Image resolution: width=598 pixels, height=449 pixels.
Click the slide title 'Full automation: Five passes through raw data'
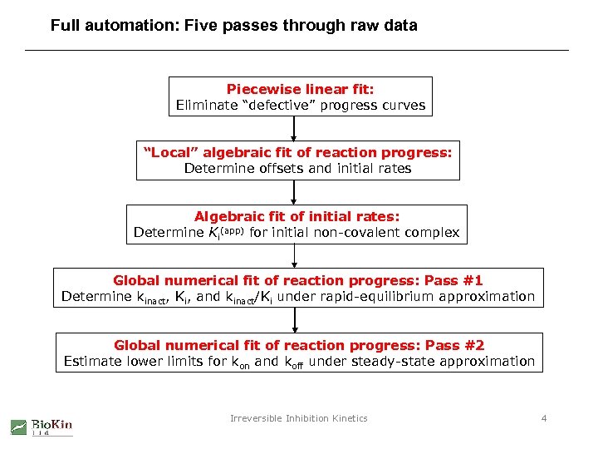[x=233, y=26]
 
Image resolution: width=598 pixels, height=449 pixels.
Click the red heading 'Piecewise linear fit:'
[x=301, y=89]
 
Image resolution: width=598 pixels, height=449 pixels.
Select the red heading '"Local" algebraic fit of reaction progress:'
[x=297, y=152]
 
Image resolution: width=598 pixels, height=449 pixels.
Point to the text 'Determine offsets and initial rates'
[x=297, y=169]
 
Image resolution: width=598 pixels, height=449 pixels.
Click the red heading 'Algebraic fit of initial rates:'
[x=297, y=216]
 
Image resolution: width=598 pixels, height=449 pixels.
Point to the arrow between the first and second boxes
[x=295, y=128]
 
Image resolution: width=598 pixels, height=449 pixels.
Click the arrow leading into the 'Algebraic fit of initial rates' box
[x=295, y=192]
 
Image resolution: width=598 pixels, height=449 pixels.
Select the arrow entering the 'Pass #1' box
[x=295, y=257]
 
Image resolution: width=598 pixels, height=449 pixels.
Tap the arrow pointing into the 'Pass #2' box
[x=295, y=321]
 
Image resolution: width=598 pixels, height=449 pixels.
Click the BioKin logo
[x=42, y=427]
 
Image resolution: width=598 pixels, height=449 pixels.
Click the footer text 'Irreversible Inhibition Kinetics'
[x=298, y=418]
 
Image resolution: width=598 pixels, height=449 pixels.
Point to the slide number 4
[x=544, y=418]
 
